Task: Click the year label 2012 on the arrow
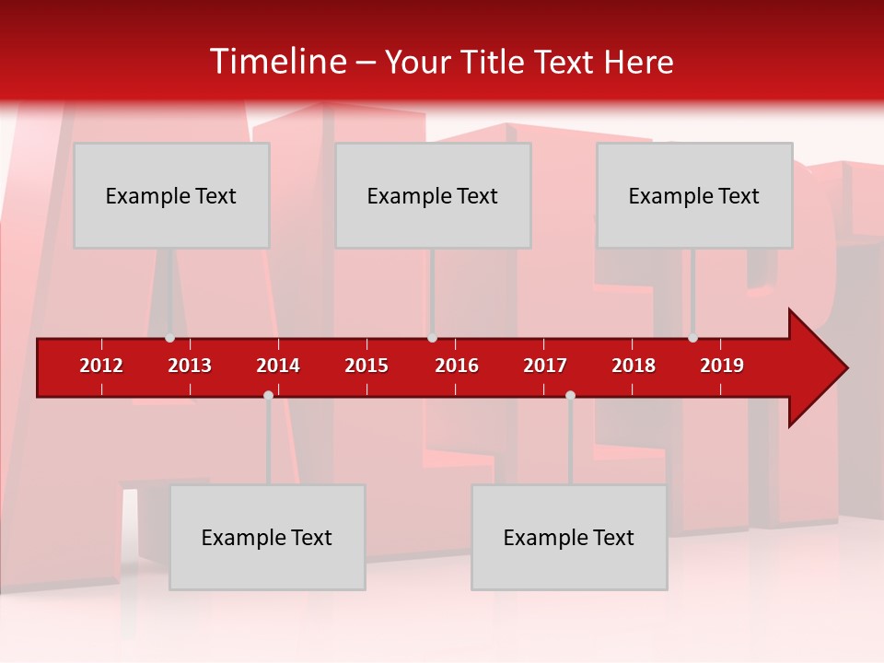(x=101, y=366)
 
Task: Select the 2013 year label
(x=190, y=366)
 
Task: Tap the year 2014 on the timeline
(x=278, y=366)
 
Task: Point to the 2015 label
(x=366, y=366)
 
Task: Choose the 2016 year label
(x=457, y=366)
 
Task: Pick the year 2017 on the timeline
(x=545, y=366)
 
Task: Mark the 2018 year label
(x=634, y=366)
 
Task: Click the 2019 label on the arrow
(x=722, y=366)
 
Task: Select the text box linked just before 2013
(x=171, y=195)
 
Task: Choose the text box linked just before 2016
(x=433, y=195)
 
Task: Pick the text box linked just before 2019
(x=694, y=195)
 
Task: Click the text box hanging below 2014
(x=267, y=537)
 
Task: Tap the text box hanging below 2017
(x=569, y=537)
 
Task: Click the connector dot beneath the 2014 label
(x=268, y=395)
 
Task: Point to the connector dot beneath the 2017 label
(x=570, y=395)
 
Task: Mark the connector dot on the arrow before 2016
(x=432, y=338)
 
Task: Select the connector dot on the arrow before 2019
(x=692, y=338)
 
